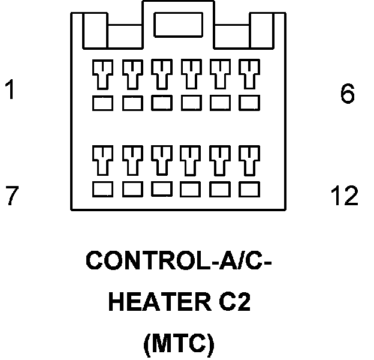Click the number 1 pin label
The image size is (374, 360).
click(10, 91)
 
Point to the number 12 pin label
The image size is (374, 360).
click(344, 196)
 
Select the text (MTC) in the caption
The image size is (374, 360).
click(179, 344)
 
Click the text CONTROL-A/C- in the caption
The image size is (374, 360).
click(179, 261)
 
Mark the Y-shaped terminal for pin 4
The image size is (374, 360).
click(189, 73)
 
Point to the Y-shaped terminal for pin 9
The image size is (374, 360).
click(160, 159)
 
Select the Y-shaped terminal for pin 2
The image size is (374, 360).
click(131, 73)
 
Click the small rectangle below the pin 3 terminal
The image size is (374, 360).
click(160, 103)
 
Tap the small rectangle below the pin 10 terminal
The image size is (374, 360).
click(189, 190)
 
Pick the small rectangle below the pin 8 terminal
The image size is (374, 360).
click(131, 190)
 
